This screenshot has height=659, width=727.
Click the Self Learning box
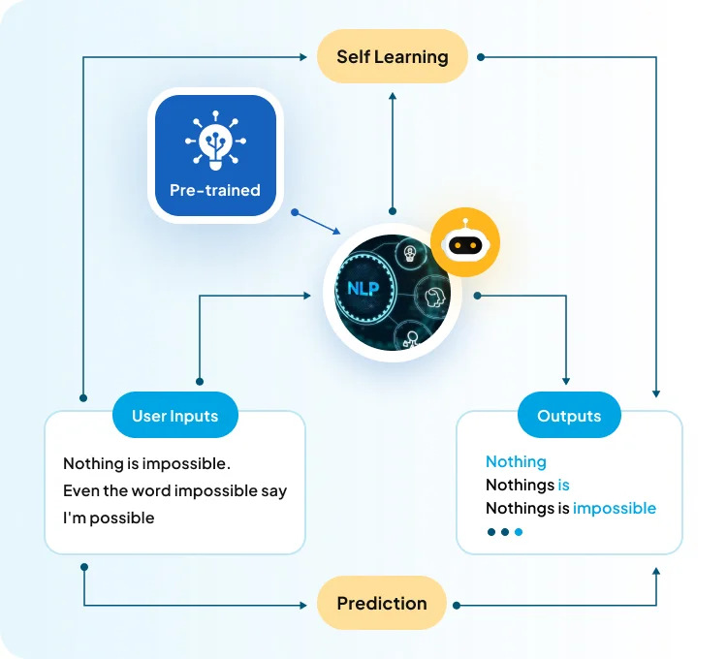click(x=392, y=56)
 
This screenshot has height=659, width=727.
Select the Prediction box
click(x=382, y=604)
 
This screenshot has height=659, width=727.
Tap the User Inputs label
click(x=174, y=416)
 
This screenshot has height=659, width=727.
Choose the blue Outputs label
click(x=569, y=416)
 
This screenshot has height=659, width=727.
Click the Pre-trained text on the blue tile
click(x=214, y=190)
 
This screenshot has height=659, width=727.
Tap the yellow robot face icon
click(x=465, y=244)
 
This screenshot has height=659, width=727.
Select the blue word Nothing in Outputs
click(x=516, y=462)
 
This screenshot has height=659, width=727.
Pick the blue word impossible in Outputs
click(x=615, y=508)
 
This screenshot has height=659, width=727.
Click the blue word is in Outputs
click(x=564, y=485)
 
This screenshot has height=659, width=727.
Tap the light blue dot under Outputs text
click(x=519, y=532)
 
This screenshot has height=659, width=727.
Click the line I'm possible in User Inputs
click(x=109, y=518)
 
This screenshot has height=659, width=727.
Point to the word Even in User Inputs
click(x=80, y=490)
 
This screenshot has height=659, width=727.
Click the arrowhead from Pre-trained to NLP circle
click(x=336, y=231)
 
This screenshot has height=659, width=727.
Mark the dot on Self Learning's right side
click(x=481, y=56)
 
